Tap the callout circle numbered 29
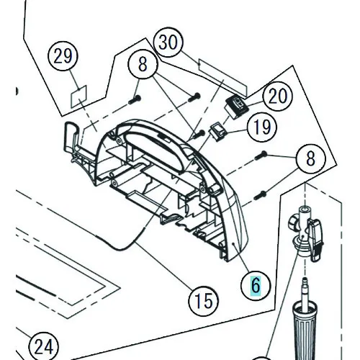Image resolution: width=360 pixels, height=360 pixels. (63, 56)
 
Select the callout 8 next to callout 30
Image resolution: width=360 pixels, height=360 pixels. (143, 64)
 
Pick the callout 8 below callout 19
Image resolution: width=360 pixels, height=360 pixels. (310, 158)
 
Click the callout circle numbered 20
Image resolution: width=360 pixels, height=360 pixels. (278, 96)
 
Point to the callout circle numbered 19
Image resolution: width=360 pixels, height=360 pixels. (262, 127)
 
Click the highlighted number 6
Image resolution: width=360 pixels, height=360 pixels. (256, 286)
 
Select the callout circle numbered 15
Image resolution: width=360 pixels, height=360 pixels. (204, 301)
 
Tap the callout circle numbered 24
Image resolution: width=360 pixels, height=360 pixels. (44, 347)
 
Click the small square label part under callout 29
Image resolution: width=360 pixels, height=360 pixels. (78, 96)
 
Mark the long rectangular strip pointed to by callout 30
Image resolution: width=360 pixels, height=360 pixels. (222, 78)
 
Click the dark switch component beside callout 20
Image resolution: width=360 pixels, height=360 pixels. (238, 107)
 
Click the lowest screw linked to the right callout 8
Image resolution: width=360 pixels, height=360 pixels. (260, 195)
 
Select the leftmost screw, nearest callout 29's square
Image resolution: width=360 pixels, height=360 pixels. (135, 99)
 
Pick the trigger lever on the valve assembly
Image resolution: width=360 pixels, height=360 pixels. (316, 240)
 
